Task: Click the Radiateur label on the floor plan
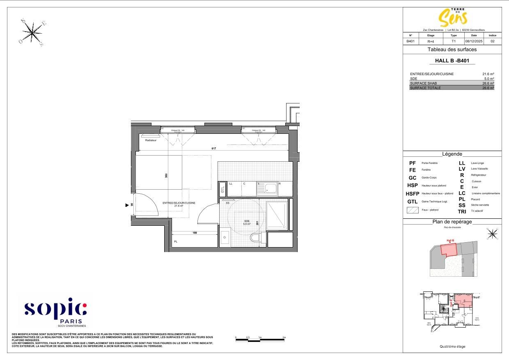[x=151, y=140]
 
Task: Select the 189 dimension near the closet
[x=195, y=233]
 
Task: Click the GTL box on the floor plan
[x=222, y=190]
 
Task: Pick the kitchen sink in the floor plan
[x=267, y=189]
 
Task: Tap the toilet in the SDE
[x=255, y=238]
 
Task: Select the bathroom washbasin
[x=225, y=238]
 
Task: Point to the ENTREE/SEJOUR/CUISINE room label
[x=179, y=203]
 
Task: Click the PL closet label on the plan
[x=176, y=242]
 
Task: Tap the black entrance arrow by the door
[x=127, y=204]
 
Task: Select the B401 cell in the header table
[x=410, y=41]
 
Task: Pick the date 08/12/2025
[x=474, y=41]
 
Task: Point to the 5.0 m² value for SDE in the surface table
[x=489, y=78]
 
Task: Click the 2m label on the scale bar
[x=284, y=337]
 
